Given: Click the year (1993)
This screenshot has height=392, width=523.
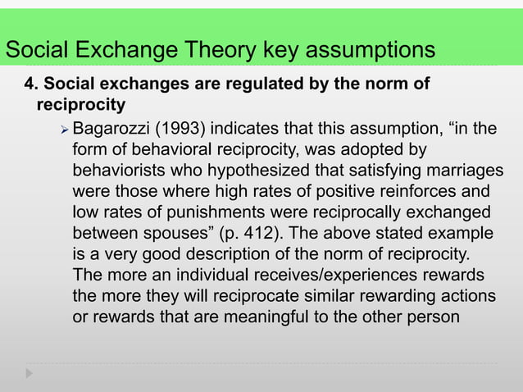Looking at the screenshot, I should tap(180, 129).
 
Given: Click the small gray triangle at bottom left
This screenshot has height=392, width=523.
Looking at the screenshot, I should tap(30, 373).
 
